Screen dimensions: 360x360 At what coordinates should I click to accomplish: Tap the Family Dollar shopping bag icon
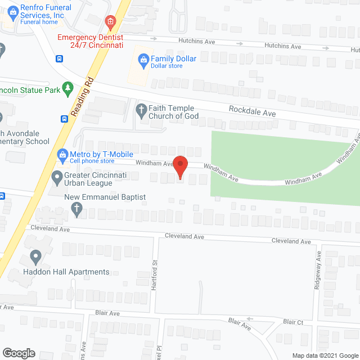pos(143,58)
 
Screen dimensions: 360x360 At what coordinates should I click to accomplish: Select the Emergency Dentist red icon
pos(111,23)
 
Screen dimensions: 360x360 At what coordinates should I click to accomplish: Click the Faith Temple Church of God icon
pos(141,109)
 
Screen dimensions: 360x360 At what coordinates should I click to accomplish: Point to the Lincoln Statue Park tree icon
pos(68,88)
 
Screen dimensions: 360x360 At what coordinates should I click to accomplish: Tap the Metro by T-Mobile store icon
pos(62,154)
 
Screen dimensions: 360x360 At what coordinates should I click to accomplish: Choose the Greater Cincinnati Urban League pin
pos(57,179)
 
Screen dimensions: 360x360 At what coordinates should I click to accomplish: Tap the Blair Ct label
pos(293,322)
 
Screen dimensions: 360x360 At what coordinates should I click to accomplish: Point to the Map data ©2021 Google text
pos(325,355)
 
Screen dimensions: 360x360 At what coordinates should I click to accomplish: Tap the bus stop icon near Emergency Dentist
pos(59,58)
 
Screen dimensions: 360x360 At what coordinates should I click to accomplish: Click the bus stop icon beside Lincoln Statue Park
pos(65,119)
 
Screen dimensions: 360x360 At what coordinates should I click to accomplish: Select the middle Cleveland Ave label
pos(184,237)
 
